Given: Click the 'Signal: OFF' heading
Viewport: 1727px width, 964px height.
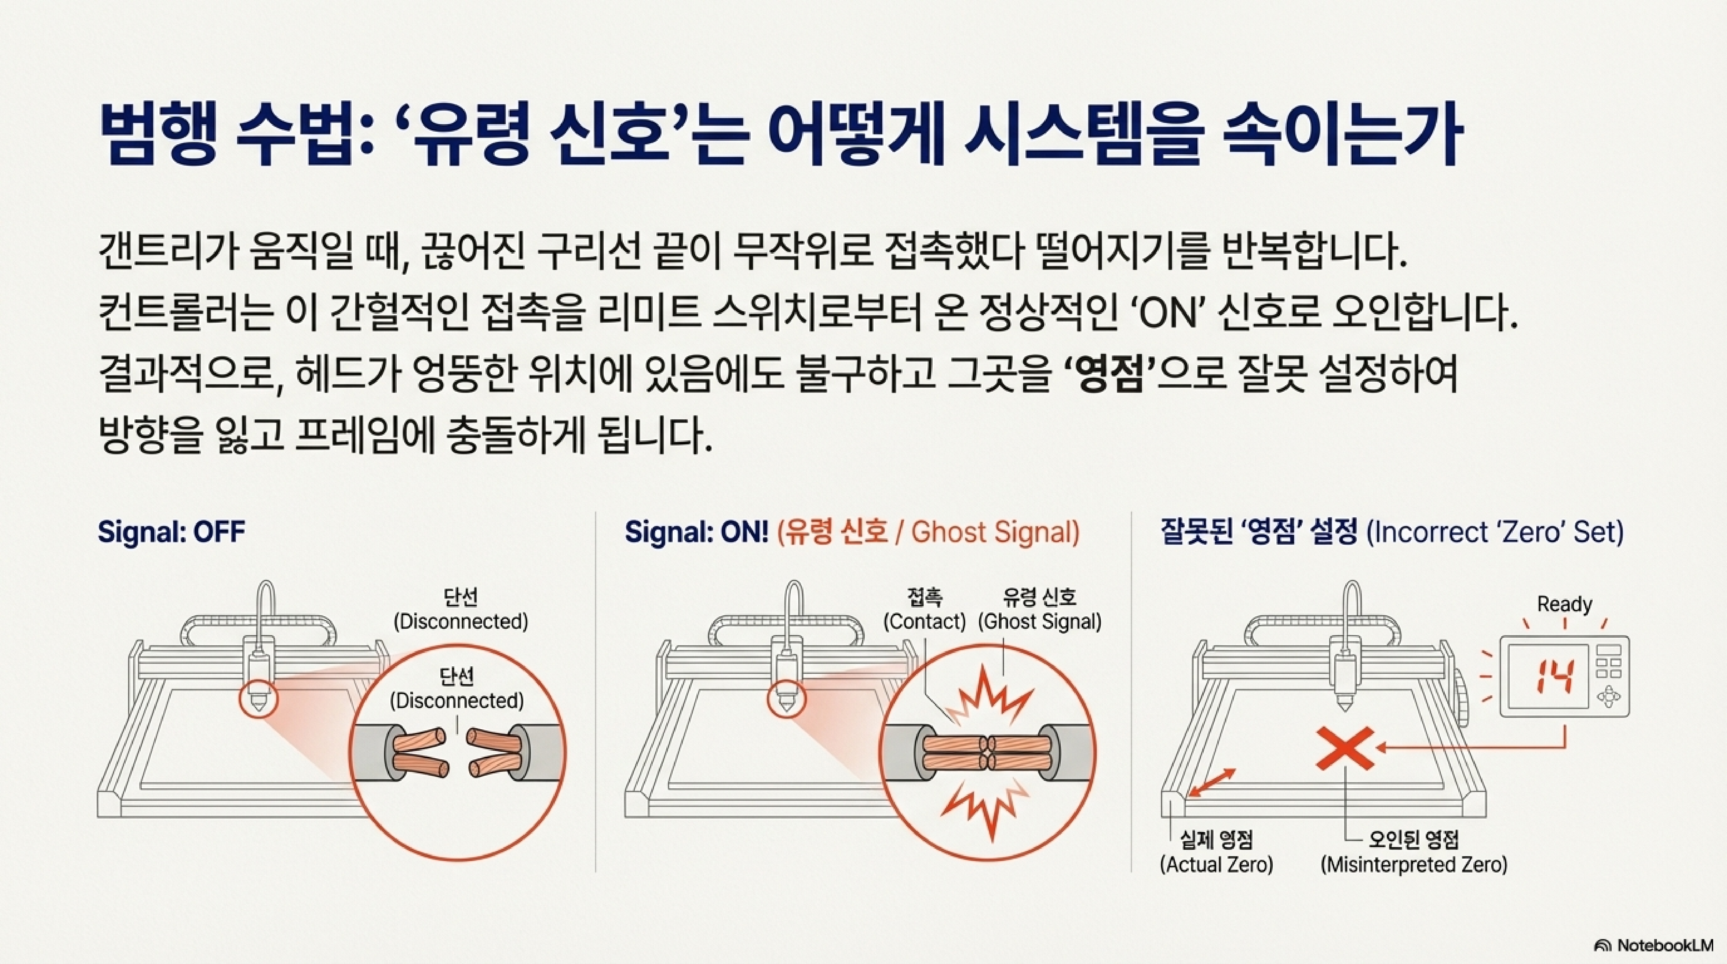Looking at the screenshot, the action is pyautogui.click(x=172, y=532).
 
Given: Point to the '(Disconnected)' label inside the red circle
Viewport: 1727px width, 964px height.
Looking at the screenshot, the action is pyautogui.click(x=457, y=700).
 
